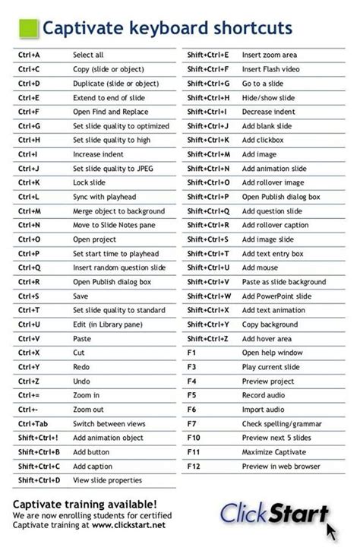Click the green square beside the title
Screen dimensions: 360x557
[27, 29]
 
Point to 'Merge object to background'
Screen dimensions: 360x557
[118, 211]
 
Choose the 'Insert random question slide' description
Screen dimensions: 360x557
[118, 267]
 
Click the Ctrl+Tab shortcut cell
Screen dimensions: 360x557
[33, 423]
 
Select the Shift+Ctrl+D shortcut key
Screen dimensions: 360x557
[39, 480]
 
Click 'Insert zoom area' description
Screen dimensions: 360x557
[270, 55]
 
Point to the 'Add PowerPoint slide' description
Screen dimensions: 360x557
[276, 296]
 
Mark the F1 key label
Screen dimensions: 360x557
[191, 353]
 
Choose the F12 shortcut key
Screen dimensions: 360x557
[194, 466]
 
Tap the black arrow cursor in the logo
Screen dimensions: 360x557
[331, 529]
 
